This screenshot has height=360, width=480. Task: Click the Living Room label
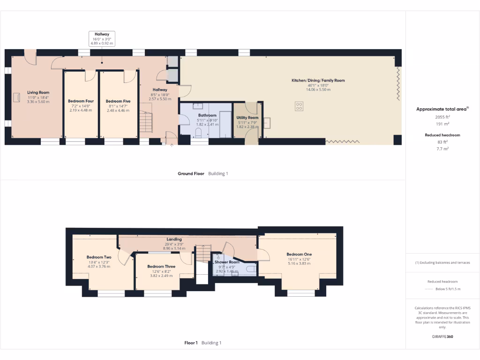38,92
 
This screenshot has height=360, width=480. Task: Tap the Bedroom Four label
81,101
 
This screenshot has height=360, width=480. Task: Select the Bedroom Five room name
118,101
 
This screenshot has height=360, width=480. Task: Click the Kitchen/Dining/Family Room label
318,80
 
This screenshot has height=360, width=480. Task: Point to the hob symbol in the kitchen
299,106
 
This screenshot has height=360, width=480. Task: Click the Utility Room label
247,118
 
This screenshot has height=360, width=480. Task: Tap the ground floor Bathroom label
207,115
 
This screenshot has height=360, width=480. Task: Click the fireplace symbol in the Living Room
17,97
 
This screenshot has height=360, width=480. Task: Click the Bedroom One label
299,254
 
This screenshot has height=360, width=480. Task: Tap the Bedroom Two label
99,257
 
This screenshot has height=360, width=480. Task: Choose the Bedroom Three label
161,266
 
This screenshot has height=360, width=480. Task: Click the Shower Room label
227,262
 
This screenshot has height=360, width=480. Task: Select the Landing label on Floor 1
174,239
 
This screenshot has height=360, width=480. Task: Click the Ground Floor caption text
191,173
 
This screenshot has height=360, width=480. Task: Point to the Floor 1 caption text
191,343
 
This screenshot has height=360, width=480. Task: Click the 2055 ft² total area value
442,117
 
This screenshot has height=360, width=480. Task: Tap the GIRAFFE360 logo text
442,336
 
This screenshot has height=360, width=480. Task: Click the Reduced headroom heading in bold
442,135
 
